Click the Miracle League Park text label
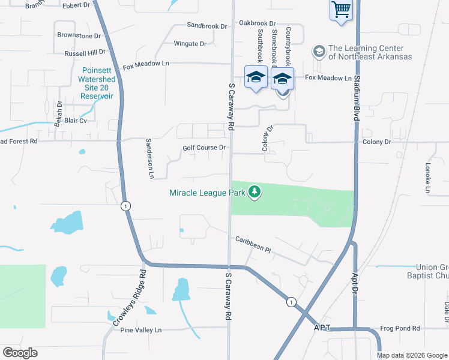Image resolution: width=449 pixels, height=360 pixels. (207, 193)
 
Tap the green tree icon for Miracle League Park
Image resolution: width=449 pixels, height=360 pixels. (255, 192)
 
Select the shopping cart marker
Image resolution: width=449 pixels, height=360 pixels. (341, 10)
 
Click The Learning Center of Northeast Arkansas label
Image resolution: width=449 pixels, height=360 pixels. (370, 52)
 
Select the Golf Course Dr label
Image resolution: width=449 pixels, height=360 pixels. (204, 148)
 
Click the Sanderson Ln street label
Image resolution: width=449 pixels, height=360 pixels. (151, 159)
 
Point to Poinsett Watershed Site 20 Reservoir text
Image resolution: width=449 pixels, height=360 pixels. (98, 83)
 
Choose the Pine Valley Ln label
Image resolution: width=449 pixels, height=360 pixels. (141, 330)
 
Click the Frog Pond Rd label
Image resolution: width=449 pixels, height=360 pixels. (400, 329)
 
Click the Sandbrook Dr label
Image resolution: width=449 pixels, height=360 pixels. (207, 26)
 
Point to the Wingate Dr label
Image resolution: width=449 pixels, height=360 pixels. (190, 44)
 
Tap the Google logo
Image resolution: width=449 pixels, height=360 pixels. (20, 353)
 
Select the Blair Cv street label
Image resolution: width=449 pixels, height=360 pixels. (76, 121)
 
